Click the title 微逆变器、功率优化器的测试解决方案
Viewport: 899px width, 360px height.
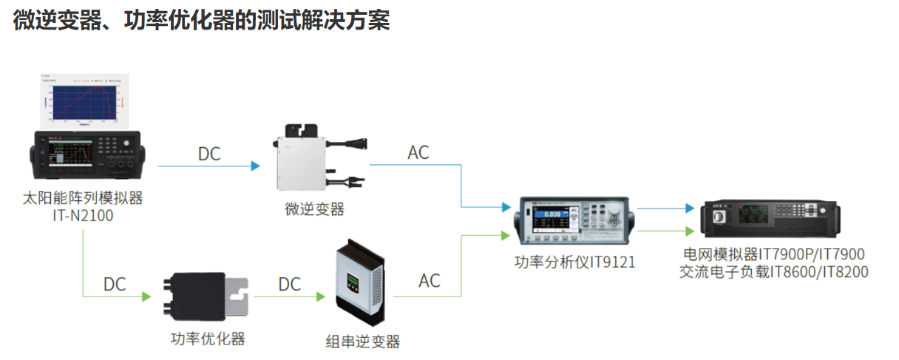[201, 20]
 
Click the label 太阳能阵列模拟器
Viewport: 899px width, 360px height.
[82, 198]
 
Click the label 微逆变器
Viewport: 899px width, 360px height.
[314, 209]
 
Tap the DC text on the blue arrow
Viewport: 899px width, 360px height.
[209, 154]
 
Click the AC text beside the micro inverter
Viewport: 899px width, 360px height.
[418, 153]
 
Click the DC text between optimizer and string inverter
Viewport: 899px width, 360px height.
[290, 284]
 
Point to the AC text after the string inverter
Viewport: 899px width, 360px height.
[430, 281]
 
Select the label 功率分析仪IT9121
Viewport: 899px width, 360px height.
[574, 262]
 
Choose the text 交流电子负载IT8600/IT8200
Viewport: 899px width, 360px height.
[773, 272]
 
